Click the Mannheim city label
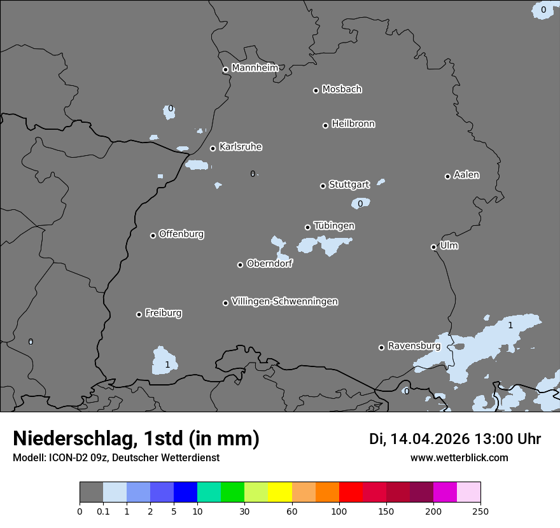255,68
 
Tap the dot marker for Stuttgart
323,186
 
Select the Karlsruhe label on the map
241,147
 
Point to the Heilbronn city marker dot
325,125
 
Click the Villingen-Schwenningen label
284,302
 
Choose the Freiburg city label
163,313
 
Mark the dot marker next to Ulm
433,247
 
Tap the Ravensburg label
414,346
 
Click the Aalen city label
466,175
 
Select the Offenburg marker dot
153,235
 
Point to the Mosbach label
342,90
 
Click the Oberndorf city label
269,263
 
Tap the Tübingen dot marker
307,227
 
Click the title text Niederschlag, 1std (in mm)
136,438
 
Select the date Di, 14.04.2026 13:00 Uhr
455,439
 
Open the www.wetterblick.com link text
459,457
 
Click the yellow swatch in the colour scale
280,492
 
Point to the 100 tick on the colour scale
339,510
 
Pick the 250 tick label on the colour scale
480,510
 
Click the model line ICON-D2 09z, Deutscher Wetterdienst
116,457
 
